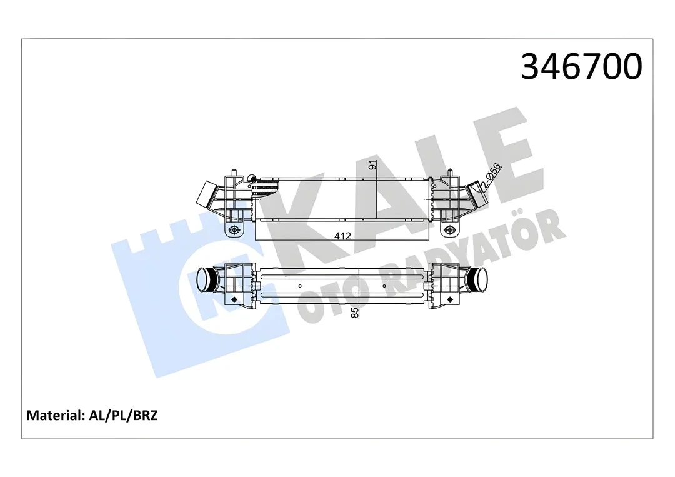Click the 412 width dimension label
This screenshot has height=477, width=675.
click(x=342, y=236)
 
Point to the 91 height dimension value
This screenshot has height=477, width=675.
click(x=372, y=166)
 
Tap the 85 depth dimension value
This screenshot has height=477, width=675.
click(x=355, y=313)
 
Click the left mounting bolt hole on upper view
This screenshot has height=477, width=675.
click(x=235, y=231)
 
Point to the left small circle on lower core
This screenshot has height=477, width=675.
click(x=256, y=286)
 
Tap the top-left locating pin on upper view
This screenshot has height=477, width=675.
click(x=234, y=172)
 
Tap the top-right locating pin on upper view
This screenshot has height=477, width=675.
click(x=449, y=172)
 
